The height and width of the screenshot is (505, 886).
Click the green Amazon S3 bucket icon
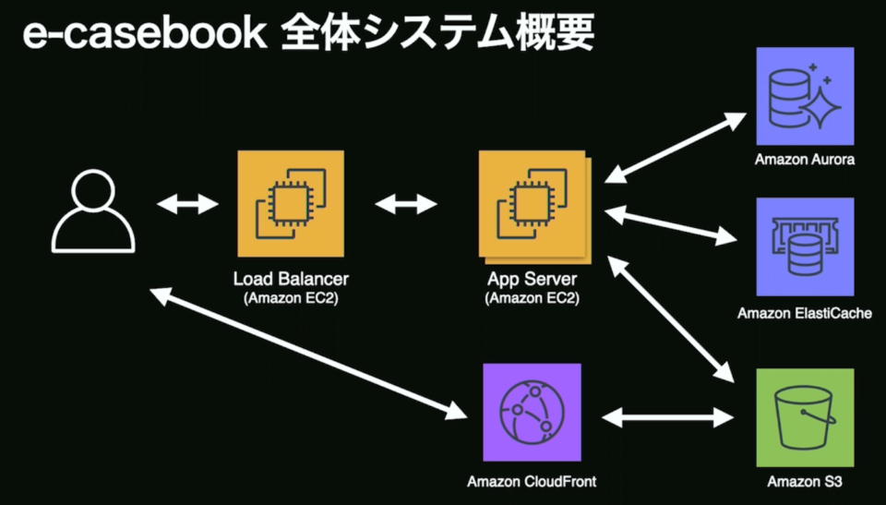(x=804, y=416)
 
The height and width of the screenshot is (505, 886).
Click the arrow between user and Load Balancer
(x=186, y=204)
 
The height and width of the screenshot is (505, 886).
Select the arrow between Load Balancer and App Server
(x=406, y=204)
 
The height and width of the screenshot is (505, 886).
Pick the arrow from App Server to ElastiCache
(x=670, y=226)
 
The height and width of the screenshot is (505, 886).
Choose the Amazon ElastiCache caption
(x=804, y=314)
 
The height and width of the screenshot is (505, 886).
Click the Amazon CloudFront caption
(x=532, y=481)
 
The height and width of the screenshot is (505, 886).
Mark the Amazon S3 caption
(x=804, y=481)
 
